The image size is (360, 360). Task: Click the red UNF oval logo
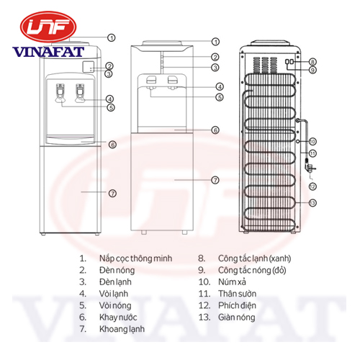point(48,27)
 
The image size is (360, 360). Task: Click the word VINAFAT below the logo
point(48,52)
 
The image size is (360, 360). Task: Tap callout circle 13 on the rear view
point(312,203)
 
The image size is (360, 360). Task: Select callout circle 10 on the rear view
point(312,142)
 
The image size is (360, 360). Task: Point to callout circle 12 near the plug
point(312,186)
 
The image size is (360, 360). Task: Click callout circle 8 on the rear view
point(312,62)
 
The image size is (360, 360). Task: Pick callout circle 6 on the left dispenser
point(112,145)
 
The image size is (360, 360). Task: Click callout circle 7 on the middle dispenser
point(215,180)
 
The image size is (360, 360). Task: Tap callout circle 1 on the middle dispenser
point(215,42)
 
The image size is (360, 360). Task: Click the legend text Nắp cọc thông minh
point(135,258)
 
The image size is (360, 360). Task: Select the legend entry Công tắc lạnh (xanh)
point(254,258)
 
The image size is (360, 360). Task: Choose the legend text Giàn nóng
point(236,318)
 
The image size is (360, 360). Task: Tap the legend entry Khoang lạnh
point(122,329)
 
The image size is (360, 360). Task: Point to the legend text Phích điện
point(237,305)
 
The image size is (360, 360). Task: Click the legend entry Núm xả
point(232,282)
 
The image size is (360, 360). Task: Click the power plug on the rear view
point(310,167)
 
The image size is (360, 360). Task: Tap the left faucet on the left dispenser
point(60,93)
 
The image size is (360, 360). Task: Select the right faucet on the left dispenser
point(80,93)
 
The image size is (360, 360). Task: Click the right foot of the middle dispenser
point(184,233)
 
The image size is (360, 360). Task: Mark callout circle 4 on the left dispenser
point(109,99)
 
